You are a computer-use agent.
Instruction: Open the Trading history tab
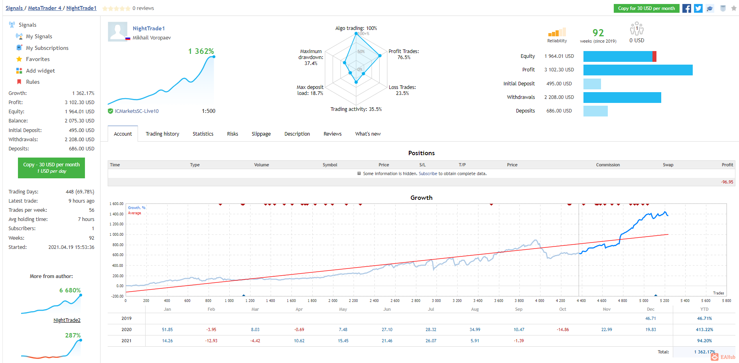point(162,134)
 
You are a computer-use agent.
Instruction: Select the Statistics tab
point(203,134)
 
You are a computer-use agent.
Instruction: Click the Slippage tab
point(261,134)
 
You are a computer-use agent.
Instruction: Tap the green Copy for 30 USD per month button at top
point(646,8)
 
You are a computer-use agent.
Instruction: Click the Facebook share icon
point(687,8)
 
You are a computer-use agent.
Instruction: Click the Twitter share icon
point(698,8)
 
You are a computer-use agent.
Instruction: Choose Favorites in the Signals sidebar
point(38,59)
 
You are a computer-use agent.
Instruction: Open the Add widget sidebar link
point(40,71)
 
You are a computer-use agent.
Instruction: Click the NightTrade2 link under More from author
point(67,320)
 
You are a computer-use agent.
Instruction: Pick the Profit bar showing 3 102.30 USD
point(638,70)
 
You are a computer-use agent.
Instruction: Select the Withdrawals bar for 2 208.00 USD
point(622,97)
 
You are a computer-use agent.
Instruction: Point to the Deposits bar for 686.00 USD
point(595,111)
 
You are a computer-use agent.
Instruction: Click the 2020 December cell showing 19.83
point(650,329)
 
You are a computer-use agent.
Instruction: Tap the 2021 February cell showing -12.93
point(211,341)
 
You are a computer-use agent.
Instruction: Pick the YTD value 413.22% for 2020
point(705,329)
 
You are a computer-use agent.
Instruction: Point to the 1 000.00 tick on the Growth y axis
point(116,235)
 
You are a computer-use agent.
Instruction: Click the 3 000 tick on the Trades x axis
point(436,301)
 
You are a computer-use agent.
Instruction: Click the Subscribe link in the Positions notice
point(428,174)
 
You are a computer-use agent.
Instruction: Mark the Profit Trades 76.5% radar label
point(404,54)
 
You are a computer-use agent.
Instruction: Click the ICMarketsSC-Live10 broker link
point(137,111)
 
